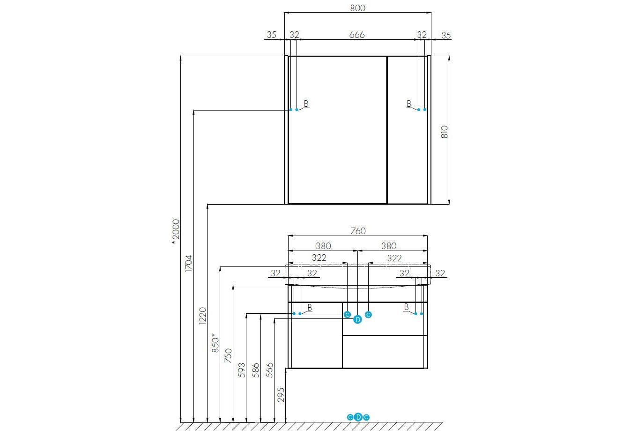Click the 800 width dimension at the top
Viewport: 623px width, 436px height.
click(358, 8)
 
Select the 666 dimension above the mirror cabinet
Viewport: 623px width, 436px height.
click(357, 35)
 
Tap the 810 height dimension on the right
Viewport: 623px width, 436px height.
click(445, 132)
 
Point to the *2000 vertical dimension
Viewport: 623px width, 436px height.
click(176, 232)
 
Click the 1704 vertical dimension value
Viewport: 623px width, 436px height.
click(188, 263)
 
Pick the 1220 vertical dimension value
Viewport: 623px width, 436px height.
click(202, 316)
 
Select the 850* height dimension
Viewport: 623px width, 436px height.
click(215, 343)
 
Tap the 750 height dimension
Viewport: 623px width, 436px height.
click(228, 355)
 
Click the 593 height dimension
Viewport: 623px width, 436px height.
click(242, 370)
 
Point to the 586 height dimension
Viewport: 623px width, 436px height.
click(255, 370)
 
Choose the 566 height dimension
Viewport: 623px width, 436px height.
click(269, 370)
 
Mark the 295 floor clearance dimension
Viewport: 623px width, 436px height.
click(281, 395)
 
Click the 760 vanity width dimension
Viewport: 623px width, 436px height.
click(358, 231)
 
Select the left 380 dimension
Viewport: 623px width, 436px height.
click(323, 246)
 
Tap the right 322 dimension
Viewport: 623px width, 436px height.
click(394, 259)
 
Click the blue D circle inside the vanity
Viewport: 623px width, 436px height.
click(358, 320)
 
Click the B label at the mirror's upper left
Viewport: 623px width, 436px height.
click(306, 103)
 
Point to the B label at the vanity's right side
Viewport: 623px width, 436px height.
click(406, 307)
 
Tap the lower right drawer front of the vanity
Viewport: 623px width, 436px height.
click(385, 352)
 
